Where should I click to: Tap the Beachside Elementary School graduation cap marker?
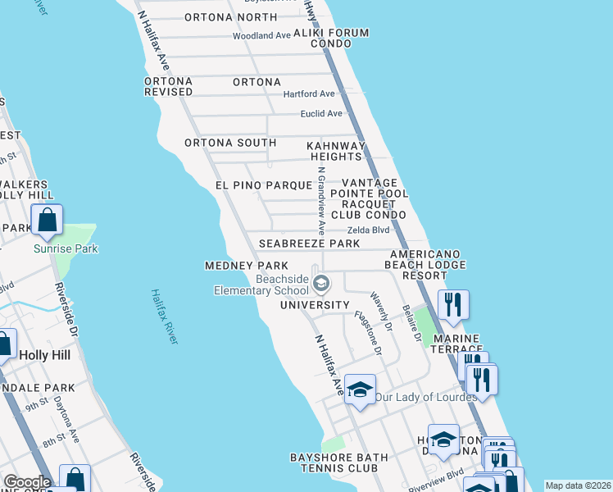[322, 284]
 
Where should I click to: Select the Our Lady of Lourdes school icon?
[359, 389]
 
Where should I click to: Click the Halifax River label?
[165, 317]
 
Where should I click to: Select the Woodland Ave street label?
[261, 36]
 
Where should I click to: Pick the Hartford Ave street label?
[309, 94]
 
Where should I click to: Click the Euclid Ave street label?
[321, 113]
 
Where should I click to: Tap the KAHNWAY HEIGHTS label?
[334, 151]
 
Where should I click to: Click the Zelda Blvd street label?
[369, 230]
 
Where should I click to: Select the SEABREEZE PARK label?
[309, 244]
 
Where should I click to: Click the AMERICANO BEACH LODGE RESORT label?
[428, 265]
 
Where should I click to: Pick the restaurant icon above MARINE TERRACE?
[452, 305]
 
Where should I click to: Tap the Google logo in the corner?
[26, 482]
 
